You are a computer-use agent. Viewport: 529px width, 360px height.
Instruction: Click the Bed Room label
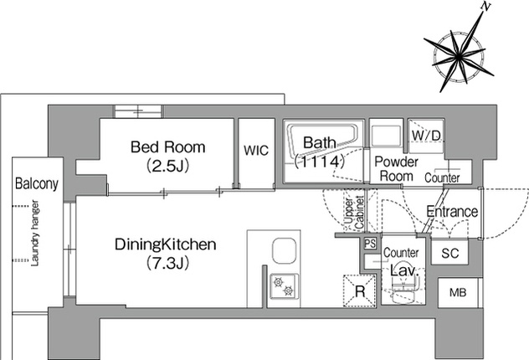tap(167, 147)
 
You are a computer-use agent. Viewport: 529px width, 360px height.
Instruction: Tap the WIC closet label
tap(256, 151)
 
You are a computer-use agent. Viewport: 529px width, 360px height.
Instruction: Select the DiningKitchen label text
tap(166, 244)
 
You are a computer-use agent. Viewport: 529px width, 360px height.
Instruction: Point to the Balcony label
tap(37, 184)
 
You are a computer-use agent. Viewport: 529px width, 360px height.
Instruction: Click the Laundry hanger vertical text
tap(35, 233)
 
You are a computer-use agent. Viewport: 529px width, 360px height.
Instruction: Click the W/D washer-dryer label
tap(426, 136)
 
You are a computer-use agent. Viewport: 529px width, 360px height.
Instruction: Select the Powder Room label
tap(397, 168)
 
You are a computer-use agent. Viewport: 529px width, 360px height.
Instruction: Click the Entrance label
tap(452, 212)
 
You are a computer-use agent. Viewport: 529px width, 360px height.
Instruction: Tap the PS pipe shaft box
tap(370, 244)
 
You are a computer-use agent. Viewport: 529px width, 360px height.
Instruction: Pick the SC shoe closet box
tap(449, 252)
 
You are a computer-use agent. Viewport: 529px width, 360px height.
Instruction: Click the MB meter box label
tap(458, 292)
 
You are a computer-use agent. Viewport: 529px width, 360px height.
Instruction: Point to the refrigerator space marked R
tap(360, 291)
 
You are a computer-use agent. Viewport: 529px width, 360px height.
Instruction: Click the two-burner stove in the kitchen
tap(284, 286)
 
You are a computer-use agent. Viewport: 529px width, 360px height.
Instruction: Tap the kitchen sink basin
tap(285, 251)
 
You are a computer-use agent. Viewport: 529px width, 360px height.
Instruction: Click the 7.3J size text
tap(167, 263)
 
